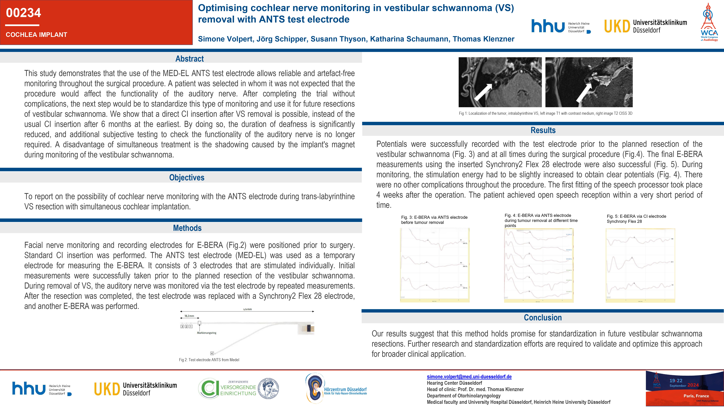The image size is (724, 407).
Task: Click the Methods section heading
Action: (x=187, y=228)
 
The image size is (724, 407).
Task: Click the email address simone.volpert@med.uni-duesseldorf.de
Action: (x=469, y=377)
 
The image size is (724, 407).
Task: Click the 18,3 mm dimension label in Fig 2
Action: (x=189, y=316)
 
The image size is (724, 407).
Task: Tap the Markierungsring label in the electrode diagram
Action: (x=207, y=333)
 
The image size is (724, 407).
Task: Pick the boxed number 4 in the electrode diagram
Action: (x=212, y=353)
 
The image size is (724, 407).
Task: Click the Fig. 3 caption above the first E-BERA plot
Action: (x=434, y=220)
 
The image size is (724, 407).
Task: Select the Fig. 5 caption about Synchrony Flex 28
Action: (x=636, y=219)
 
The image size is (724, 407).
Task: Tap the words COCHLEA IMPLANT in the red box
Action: (x=37, y=35)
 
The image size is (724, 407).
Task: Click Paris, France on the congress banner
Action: (x=696, y=396)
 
